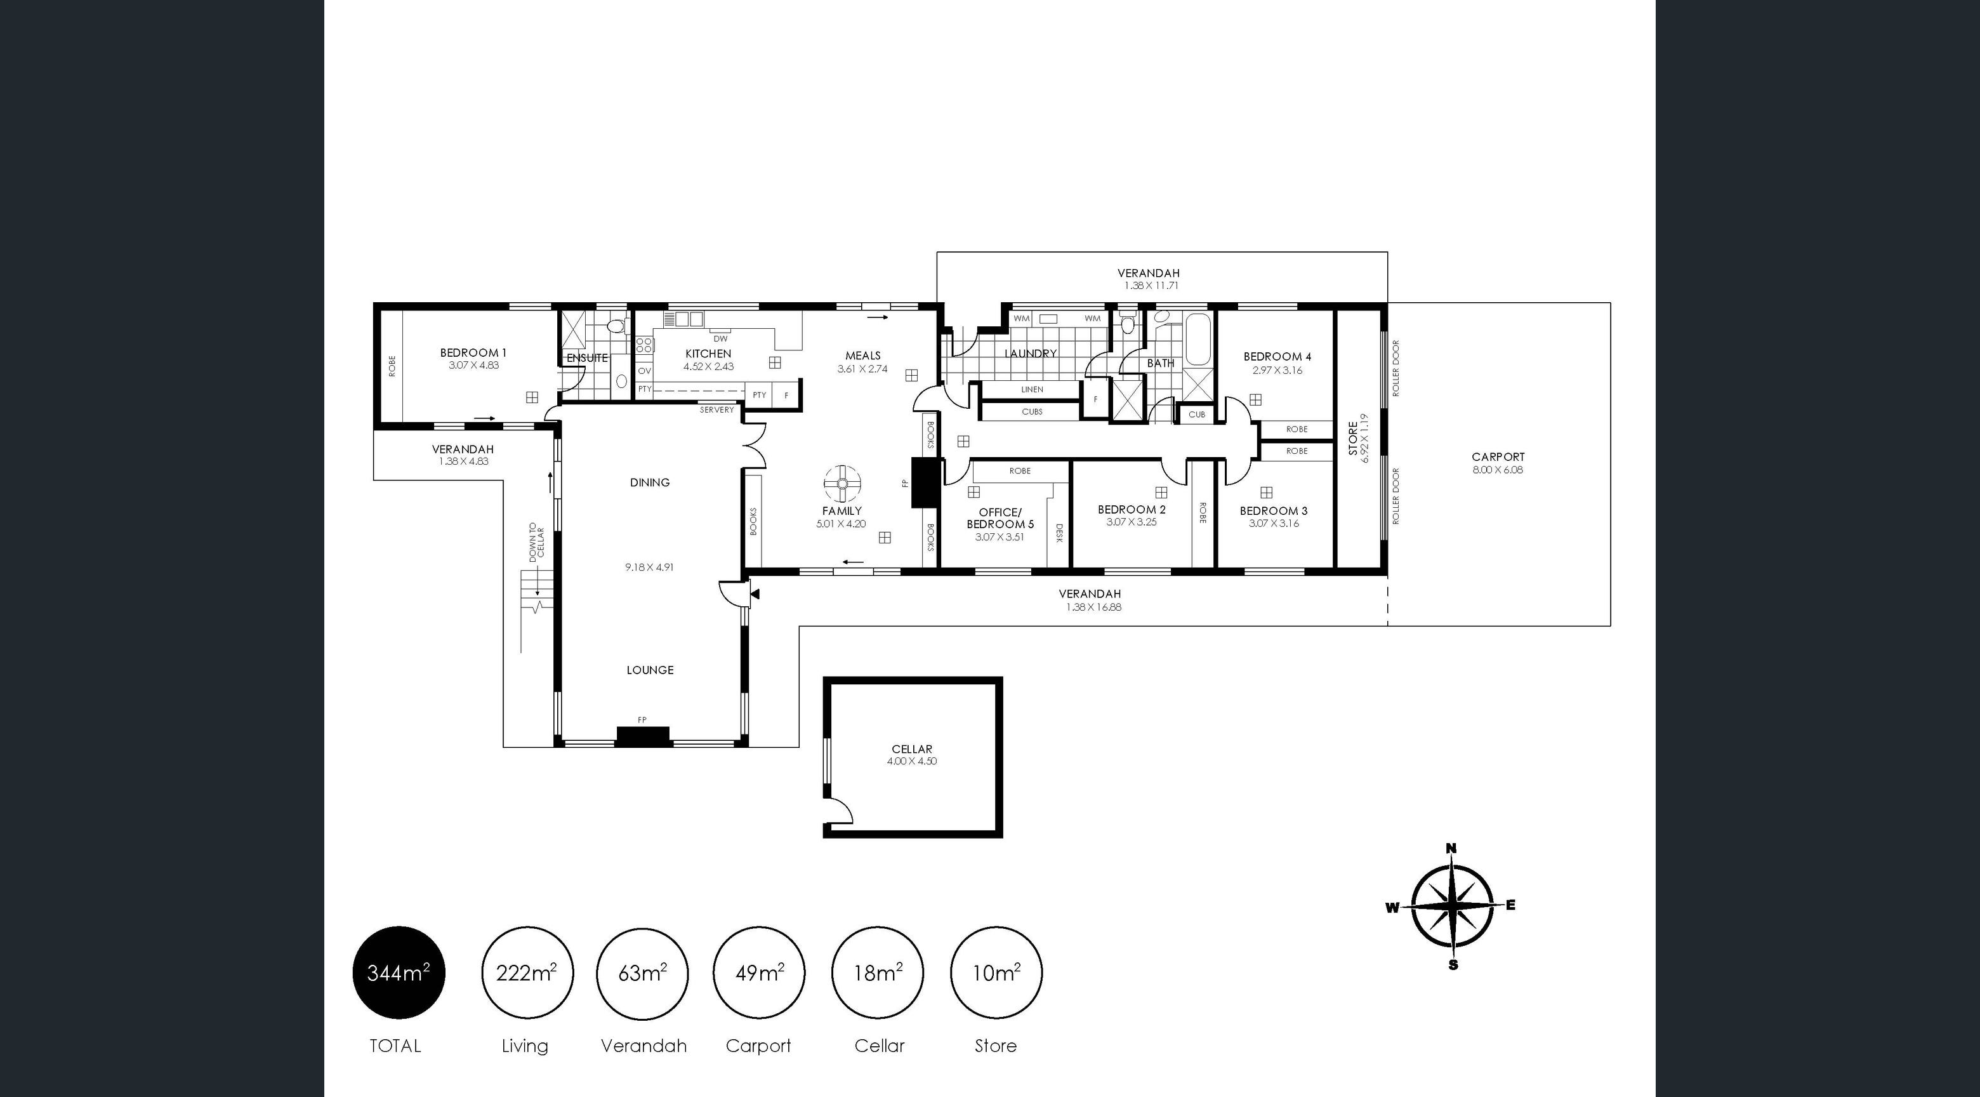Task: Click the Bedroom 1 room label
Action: [x=473, y=353]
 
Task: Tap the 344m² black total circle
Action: [x=398, y=973]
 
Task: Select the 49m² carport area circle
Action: [x=758, y=973]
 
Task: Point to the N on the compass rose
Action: [x=1451, y=849]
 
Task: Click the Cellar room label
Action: [x=911, y=748]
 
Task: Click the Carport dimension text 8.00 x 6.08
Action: [x=1497, y=470]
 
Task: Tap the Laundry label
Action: [x=1030, y=354]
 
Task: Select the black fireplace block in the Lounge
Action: [x=643, y=736]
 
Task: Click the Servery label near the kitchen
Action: [x=716, y=409]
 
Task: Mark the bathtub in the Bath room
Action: [x=1198, y=340]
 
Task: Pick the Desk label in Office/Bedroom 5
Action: [x=1059, y=533]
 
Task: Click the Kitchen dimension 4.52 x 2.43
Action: [x=708, y=367]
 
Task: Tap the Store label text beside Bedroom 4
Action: [x=1353, y=438]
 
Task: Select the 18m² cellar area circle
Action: [x=878, y=973]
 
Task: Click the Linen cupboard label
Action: [x=1033, y=390]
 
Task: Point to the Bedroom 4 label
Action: [x=1277, y=357]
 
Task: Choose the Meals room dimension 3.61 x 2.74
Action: [x=862, y=369]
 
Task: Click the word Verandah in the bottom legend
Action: [x=643, y=1046]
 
